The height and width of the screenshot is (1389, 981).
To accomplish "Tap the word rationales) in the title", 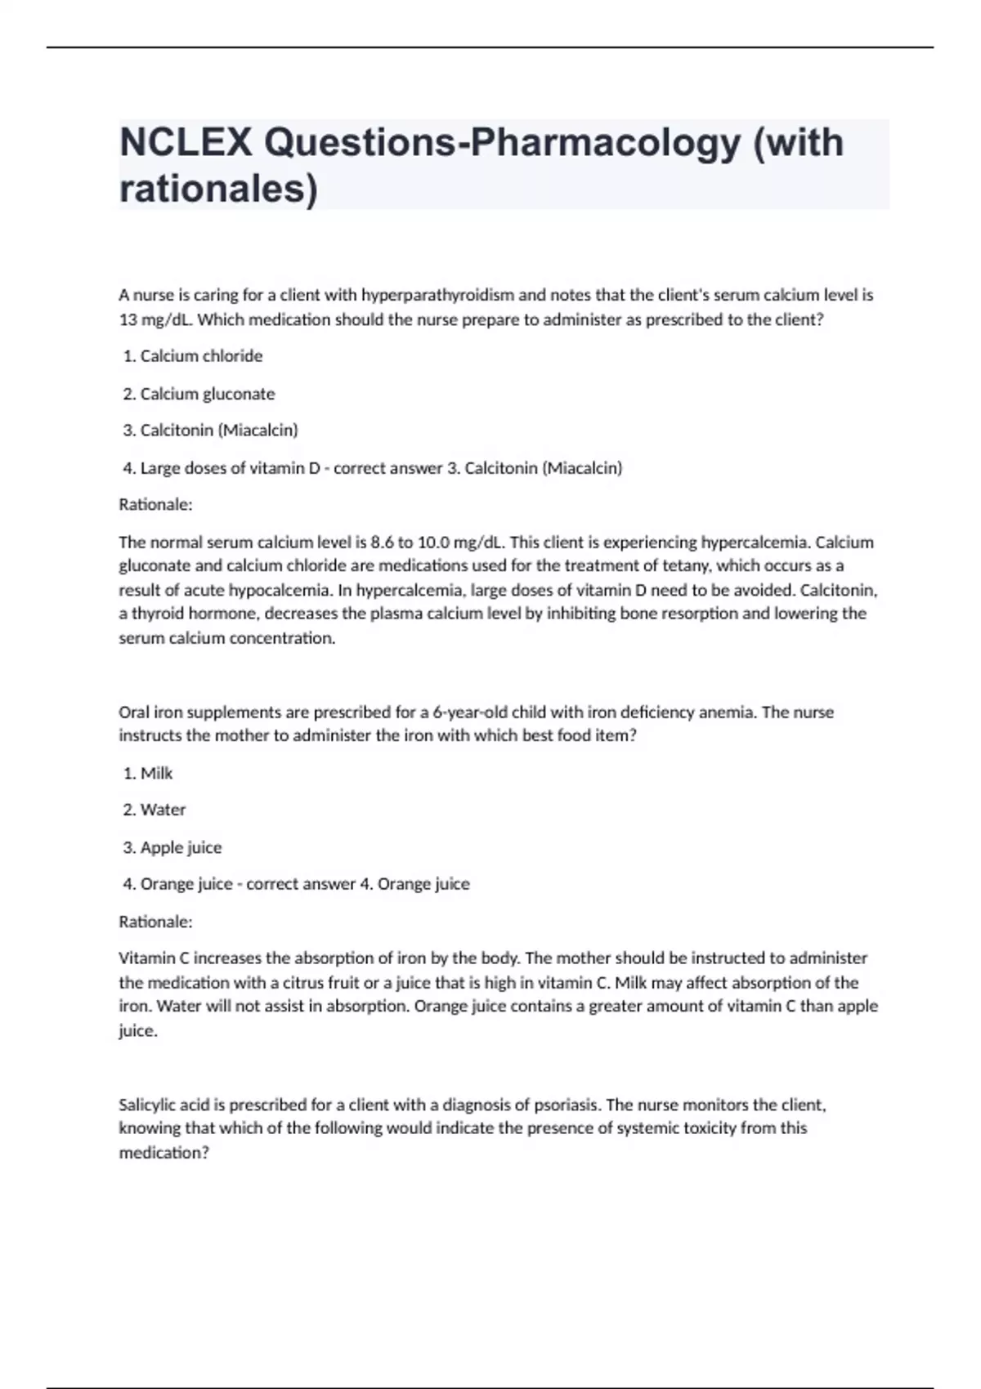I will click(x=217, y=189).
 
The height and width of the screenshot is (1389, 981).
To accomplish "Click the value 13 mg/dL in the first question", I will click(x=155, y=319).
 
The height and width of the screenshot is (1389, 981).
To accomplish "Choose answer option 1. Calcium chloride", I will click(x=193, y=356).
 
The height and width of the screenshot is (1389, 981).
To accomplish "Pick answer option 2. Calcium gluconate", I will click(x=199, y=394).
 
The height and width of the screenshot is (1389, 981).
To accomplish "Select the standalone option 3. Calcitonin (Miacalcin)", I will click(x=210, y=430).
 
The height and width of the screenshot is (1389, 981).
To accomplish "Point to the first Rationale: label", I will click(x=155, y=505).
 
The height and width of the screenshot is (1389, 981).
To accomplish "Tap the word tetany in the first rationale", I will click(x=688, y=565).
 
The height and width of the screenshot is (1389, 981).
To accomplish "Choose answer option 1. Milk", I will click(x=148, y=773).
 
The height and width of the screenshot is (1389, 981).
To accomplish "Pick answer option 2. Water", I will click(x=155, y=810).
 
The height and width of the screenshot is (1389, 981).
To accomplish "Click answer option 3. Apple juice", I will click(x=172, y=847).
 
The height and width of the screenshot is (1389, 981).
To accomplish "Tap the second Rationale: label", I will click(x=155, y=922).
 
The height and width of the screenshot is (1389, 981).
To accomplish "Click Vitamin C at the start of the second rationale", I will click(x=154, y=958).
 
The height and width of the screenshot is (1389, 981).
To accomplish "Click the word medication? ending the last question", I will click(x=163, y=1153).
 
